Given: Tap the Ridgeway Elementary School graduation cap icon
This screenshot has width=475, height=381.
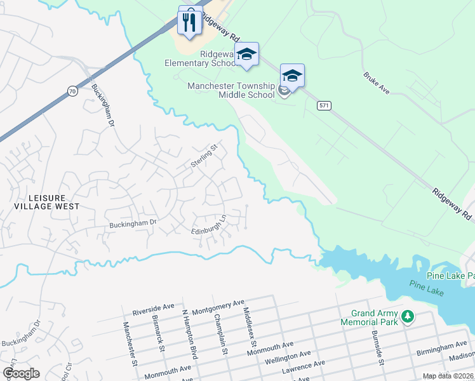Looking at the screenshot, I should [x=246, y=55].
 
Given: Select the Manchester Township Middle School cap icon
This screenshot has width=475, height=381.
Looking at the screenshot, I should [x=292, y=76].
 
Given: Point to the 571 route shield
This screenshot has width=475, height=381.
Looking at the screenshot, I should [x=324, y=105].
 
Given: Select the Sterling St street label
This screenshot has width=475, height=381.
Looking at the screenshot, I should [x=204, y=156].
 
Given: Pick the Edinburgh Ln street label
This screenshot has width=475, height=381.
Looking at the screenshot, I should [x=209, y=225].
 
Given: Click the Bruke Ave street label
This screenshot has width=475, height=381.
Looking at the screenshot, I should [x=376, y=83].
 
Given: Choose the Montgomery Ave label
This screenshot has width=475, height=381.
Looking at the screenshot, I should [x=218, y=306].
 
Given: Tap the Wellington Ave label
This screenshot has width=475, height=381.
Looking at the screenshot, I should [x=288, y=357].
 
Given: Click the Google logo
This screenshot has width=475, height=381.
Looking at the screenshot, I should [x=21, y=373].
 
